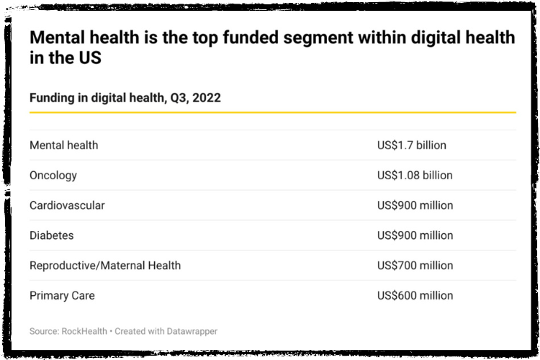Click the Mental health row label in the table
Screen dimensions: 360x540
coord(63,145)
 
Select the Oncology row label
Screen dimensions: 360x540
coord(53,176)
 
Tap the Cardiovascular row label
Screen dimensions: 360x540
coord(67,206)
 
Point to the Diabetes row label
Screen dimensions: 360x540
coord(51,235)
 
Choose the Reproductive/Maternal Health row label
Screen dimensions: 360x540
coord(105,266)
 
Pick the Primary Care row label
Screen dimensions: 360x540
coord(62,296)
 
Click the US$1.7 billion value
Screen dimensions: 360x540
coord(411,145)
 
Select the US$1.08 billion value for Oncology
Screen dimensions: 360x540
coord(415,176)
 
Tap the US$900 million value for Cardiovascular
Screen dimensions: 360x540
coord(415,206)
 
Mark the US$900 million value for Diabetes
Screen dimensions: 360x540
coord(415,235)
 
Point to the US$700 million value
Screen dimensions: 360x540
coord(415,266)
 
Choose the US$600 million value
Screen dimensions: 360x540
coord(415,296)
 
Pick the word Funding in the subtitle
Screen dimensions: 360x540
coord(53,98)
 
